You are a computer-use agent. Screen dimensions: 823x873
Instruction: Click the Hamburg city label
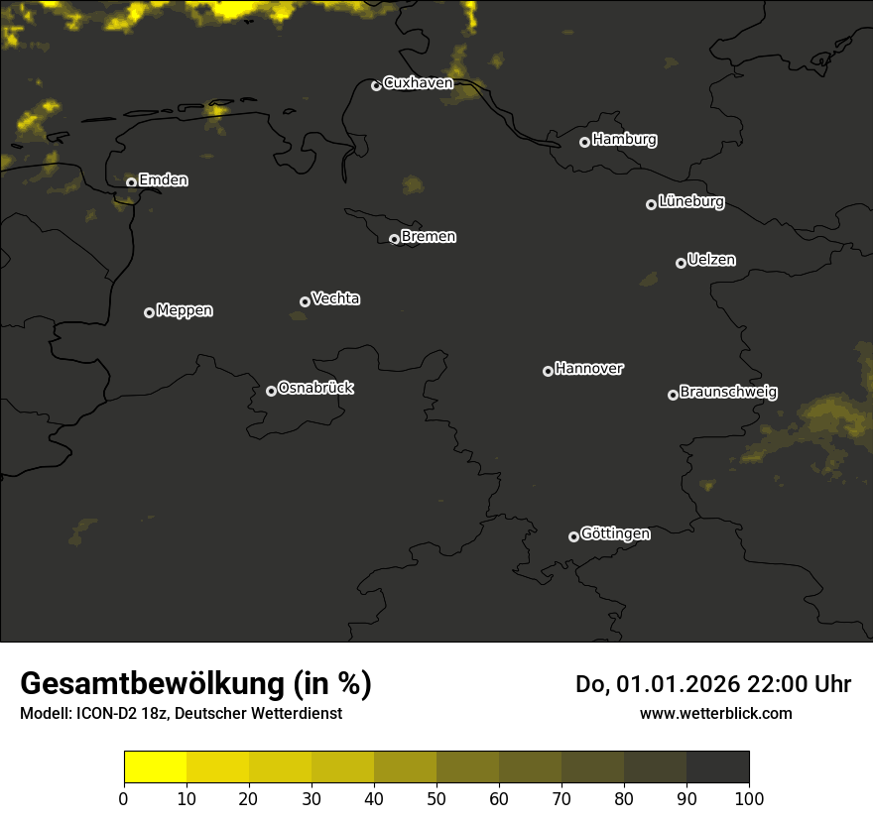624,140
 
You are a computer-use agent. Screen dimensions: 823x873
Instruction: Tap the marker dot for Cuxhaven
376,85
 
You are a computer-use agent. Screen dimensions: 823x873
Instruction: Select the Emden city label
163,180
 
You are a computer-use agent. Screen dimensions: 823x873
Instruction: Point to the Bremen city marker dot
394,239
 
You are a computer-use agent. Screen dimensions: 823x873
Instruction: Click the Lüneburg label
690,202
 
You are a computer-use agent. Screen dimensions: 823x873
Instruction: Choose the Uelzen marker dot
681,263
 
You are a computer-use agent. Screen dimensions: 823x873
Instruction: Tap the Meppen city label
185,310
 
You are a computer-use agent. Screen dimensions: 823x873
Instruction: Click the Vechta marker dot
305,301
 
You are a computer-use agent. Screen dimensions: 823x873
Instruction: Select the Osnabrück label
315,388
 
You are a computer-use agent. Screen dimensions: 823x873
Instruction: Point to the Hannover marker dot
548,371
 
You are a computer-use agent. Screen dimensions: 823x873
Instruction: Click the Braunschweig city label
728,393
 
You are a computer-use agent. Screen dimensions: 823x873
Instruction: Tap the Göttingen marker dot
573,536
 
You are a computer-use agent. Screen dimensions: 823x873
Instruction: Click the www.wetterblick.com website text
715,713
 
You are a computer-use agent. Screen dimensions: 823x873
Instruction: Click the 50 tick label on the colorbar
436,798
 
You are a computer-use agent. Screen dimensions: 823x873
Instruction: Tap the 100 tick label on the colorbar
749,798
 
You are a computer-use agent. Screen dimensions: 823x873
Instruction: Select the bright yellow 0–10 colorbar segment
155,767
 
